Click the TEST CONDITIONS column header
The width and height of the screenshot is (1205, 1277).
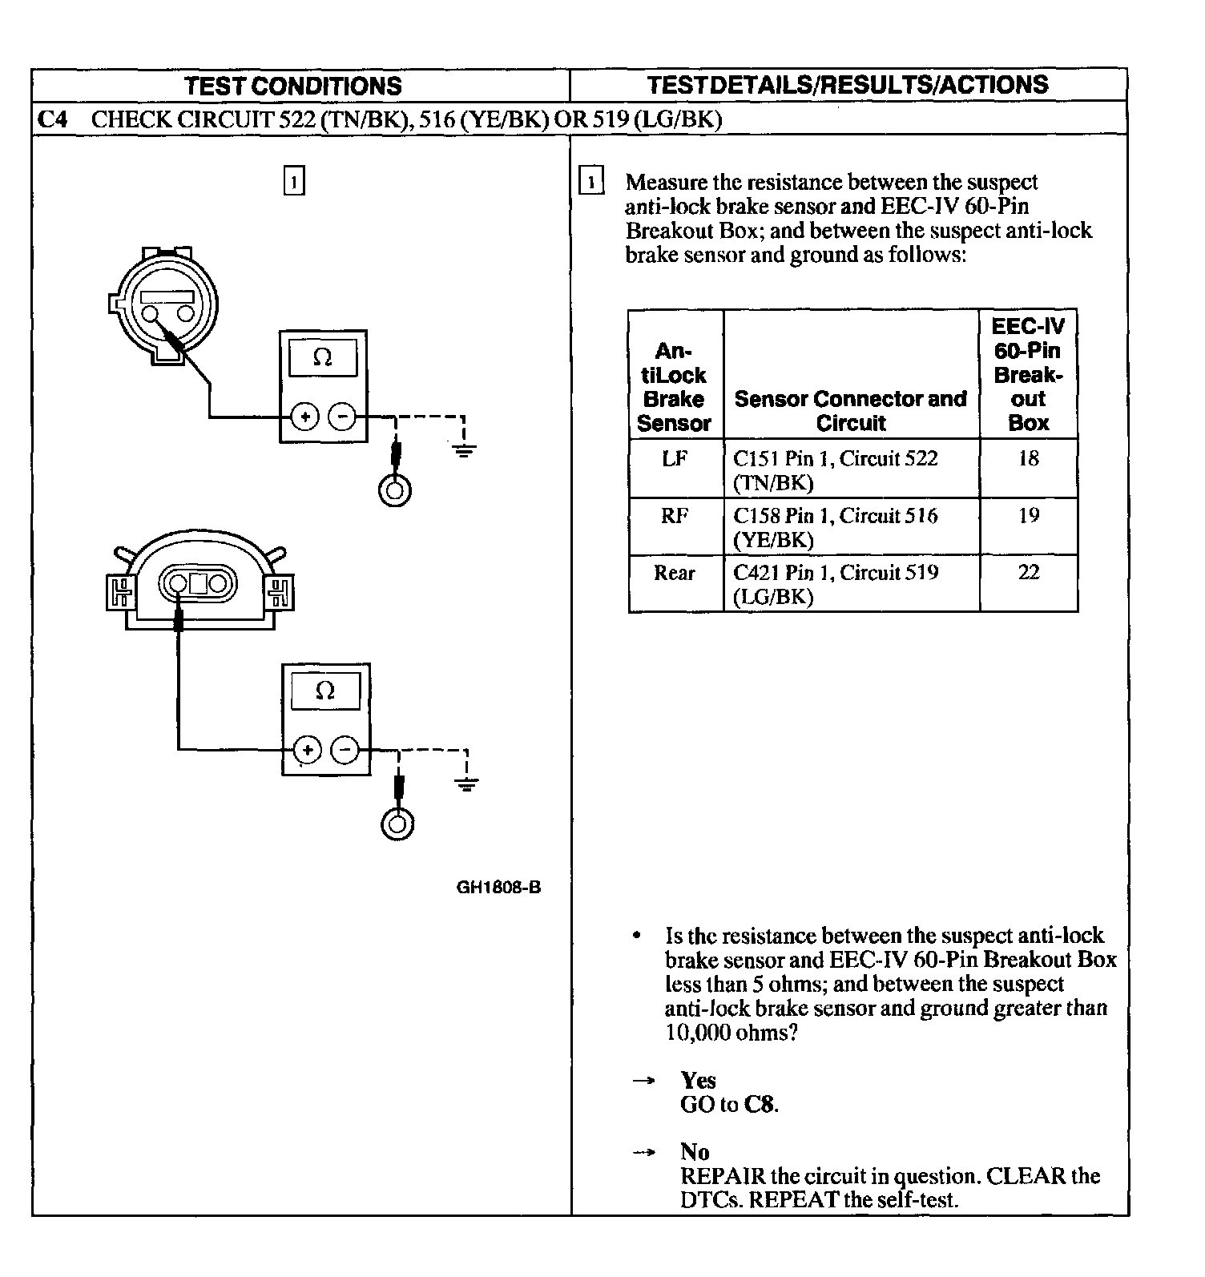pos(293,86)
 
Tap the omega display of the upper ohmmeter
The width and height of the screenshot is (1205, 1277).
pos(323,357)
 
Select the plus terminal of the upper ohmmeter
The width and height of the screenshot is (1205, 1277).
pos(304,417)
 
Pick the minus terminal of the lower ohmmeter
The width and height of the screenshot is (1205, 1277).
pos(346,750)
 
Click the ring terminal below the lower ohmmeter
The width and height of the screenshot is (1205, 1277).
pos(397,824)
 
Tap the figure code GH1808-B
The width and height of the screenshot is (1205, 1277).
pos(498,887)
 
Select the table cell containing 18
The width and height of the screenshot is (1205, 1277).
pos(1028,458)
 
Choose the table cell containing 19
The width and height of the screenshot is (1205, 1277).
pos(1028,515)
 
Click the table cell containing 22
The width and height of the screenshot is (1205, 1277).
pos(1028,572)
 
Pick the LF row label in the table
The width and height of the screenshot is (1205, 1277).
pos(675,459)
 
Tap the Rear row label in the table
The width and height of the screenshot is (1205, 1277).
pos(675,573)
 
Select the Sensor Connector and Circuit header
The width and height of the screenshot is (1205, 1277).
pos(850,410)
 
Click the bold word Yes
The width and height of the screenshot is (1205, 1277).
pos(698,1080)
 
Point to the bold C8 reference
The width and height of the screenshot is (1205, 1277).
pos(760,1105)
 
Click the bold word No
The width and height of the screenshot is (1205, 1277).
pos(695,1152)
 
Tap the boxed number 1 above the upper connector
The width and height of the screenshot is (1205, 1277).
pos(294,181)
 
